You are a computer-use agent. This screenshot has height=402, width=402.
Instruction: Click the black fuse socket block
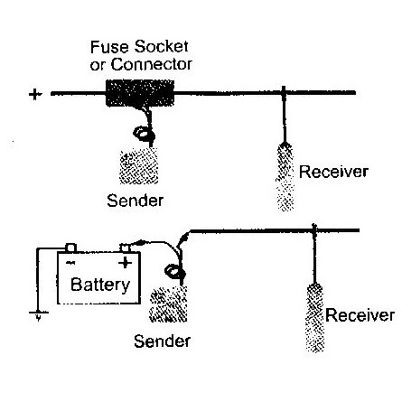coord(140,93)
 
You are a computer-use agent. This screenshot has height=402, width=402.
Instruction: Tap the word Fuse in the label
coord(109,47)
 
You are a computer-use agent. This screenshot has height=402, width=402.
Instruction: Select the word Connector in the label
coord(152,64)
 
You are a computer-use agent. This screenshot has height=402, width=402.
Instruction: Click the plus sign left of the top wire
coord(35,95)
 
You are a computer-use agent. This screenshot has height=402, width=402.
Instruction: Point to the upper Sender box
coord(139,167)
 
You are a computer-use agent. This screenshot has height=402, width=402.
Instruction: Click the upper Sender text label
coord(136,201)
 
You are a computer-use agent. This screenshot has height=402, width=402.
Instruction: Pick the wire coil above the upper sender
coord(144,134)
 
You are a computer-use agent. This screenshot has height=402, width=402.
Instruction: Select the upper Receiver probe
coord(285,177)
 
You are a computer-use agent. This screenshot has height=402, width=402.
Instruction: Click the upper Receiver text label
coord(333,172)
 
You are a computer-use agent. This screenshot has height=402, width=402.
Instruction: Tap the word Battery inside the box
coord(100,285)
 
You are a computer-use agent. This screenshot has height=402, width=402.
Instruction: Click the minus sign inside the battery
coord(70,263)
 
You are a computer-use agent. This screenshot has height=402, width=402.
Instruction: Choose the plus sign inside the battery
coord(125,263)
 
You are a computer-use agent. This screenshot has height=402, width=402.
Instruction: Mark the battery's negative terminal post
coord(70,248)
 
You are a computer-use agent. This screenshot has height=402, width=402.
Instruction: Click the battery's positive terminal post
coord(125,248)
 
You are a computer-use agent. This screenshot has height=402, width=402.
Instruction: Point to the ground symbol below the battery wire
coord(39,315)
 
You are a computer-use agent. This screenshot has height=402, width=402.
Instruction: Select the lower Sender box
coord(168,304)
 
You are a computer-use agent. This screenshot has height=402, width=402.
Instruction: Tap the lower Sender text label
coord(162,341)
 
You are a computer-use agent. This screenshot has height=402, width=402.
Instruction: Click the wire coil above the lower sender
coord(175,271)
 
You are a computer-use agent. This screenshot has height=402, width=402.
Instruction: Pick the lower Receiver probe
coord(315,318)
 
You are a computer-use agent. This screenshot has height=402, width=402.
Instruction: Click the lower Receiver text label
coord(360,315)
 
